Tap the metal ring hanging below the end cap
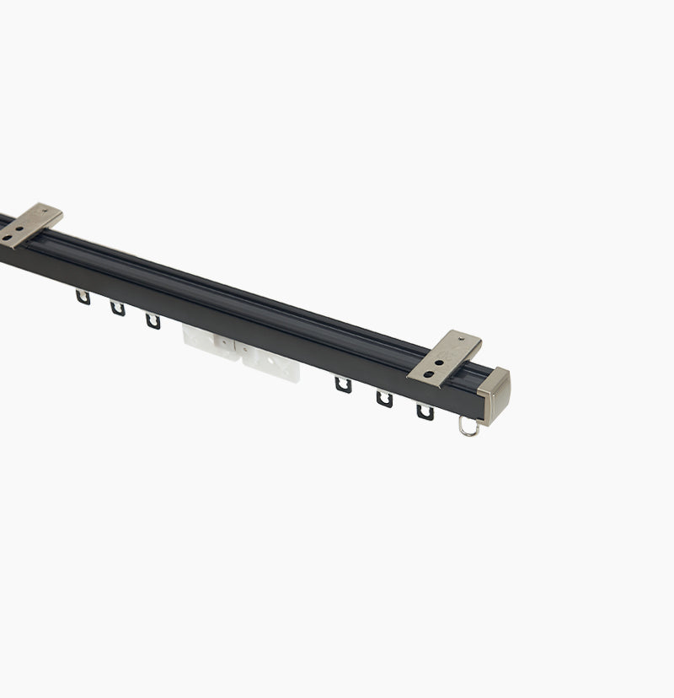tap(468, 428)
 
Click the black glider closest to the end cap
tap(425, 412)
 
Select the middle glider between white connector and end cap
tap(384, 399)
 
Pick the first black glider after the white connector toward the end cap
tap(342, 384)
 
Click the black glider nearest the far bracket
tap(83, 296)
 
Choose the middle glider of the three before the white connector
tap(117, 308)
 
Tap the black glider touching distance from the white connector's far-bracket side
tap(152, 320)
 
